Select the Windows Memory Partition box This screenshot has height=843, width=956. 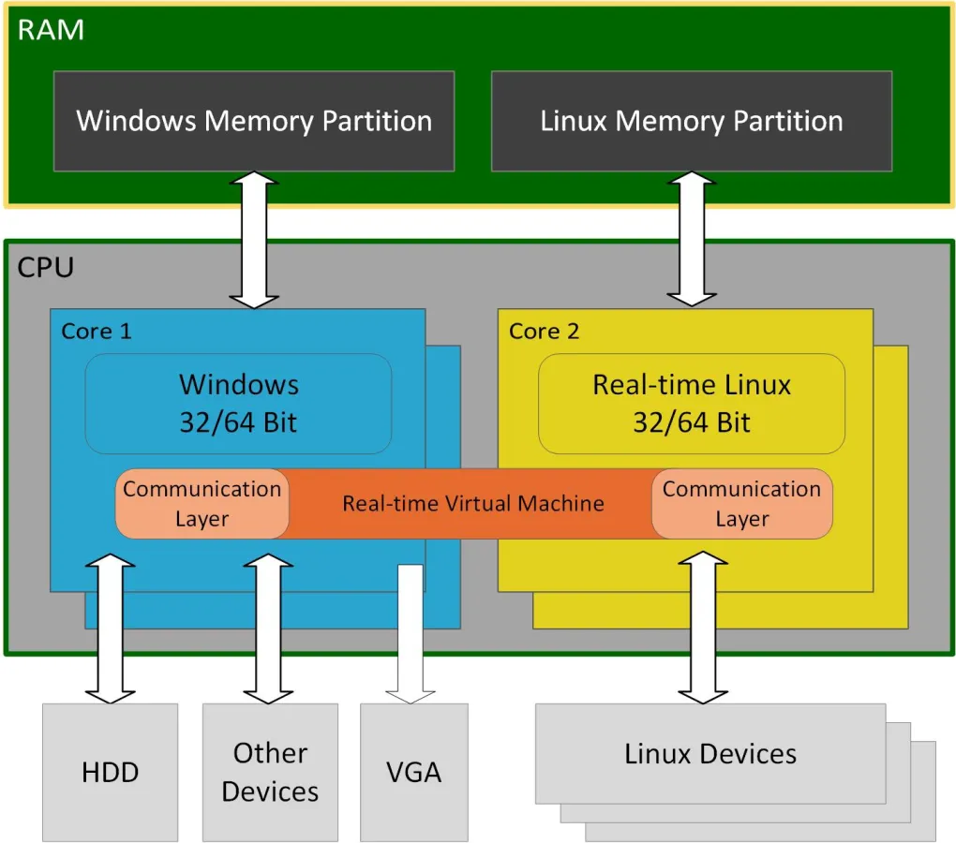(254, 121)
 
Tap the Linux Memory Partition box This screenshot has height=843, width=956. (692, 121)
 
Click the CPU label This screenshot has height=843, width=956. (45, 268)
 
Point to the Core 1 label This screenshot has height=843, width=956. (97, 331)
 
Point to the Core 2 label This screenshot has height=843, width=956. (544, 331)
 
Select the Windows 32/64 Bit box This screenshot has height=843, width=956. (238, 403)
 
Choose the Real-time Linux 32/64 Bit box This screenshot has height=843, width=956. (692, 403)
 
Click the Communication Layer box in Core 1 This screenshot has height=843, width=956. (202, 504)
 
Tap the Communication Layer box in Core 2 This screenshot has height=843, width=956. (741, 504)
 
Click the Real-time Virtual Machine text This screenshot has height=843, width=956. (472, 504)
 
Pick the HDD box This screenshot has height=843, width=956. (111, 772)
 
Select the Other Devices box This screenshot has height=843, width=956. (270, 772)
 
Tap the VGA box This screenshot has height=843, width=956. (413, 772)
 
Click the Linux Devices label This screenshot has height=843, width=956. (710, 754)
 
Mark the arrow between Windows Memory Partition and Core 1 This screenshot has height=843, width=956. (254, 240)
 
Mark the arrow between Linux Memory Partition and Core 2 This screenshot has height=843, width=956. (692, 240)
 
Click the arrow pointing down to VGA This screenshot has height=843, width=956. (411, 637)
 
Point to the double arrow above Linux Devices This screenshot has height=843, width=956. (702, 628)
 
